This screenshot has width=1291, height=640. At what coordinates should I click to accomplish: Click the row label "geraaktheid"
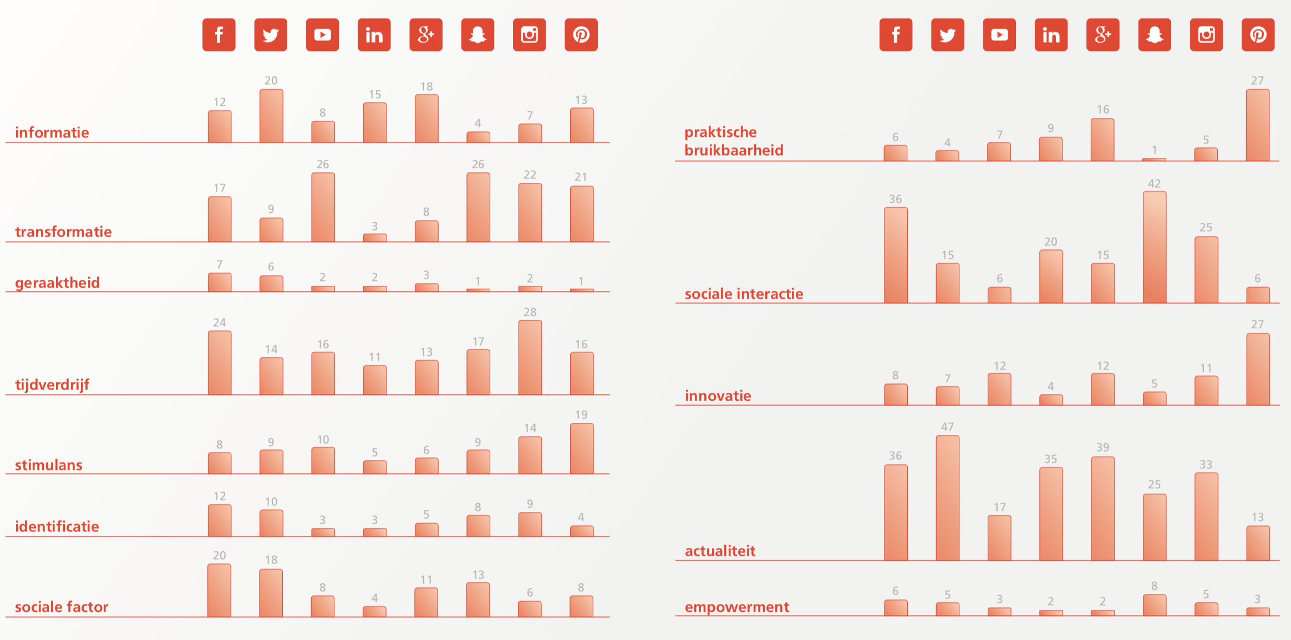pyautogui.click(x=57, y=283)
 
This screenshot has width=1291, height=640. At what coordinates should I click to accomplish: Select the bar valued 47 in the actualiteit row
pyautogui.click(x=947, y=498)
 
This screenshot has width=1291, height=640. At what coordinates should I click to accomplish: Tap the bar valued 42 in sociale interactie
pyautogui.click(x=1154, y=248)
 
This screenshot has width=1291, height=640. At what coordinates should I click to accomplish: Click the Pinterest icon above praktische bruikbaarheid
pyautogui.click(x=1258, y=35)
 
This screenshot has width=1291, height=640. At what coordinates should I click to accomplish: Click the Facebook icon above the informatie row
pyautogui.click(x=219, y=35)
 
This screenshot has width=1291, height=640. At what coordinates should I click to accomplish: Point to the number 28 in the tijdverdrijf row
pyautogui.click(x=530, y=312)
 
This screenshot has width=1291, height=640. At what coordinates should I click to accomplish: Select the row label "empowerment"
pyautogui.click(x=736, y=607)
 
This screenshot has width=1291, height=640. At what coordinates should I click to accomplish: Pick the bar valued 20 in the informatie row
pyautogui.click(x=271, y=116)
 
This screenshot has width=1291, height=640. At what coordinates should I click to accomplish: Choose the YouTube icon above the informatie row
pyautogui.click(x=322, y=35)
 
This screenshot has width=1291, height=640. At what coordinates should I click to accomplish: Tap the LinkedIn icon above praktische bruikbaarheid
pyautogui.click(x=1051, y=35)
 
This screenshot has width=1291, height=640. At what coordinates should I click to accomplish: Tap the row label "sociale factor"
pyautogui.click(x=62, y=607)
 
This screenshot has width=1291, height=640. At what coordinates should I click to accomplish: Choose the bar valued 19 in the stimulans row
pyautogui.click(x=582, y=449)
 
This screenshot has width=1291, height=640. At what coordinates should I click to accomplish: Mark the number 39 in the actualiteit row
pyautogui.click(x=1102, y=447)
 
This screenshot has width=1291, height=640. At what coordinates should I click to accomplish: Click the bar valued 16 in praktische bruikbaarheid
pyautogui.click(x=1102, y=140)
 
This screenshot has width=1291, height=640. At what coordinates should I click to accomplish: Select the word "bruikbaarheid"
pyautogui.click(x=734, y=150)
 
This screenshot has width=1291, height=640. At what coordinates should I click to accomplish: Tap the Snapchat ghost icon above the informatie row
pyautogui.click(x=477, y=35)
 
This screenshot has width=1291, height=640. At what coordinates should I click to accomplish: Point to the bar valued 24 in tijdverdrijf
pyautogui.click(x=220, y=363)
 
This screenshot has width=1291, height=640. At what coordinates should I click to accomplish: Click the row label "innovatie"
pyautogui.click(x=718, y=396)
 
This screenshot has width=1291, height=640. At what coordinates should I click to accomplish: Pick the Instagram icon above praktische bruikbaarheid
pyautogui.click(x=1206, y=35)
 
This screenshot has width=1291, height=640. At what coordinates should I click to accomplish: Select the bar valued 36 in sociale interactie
pyautogui.click(x=896, y=255)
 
